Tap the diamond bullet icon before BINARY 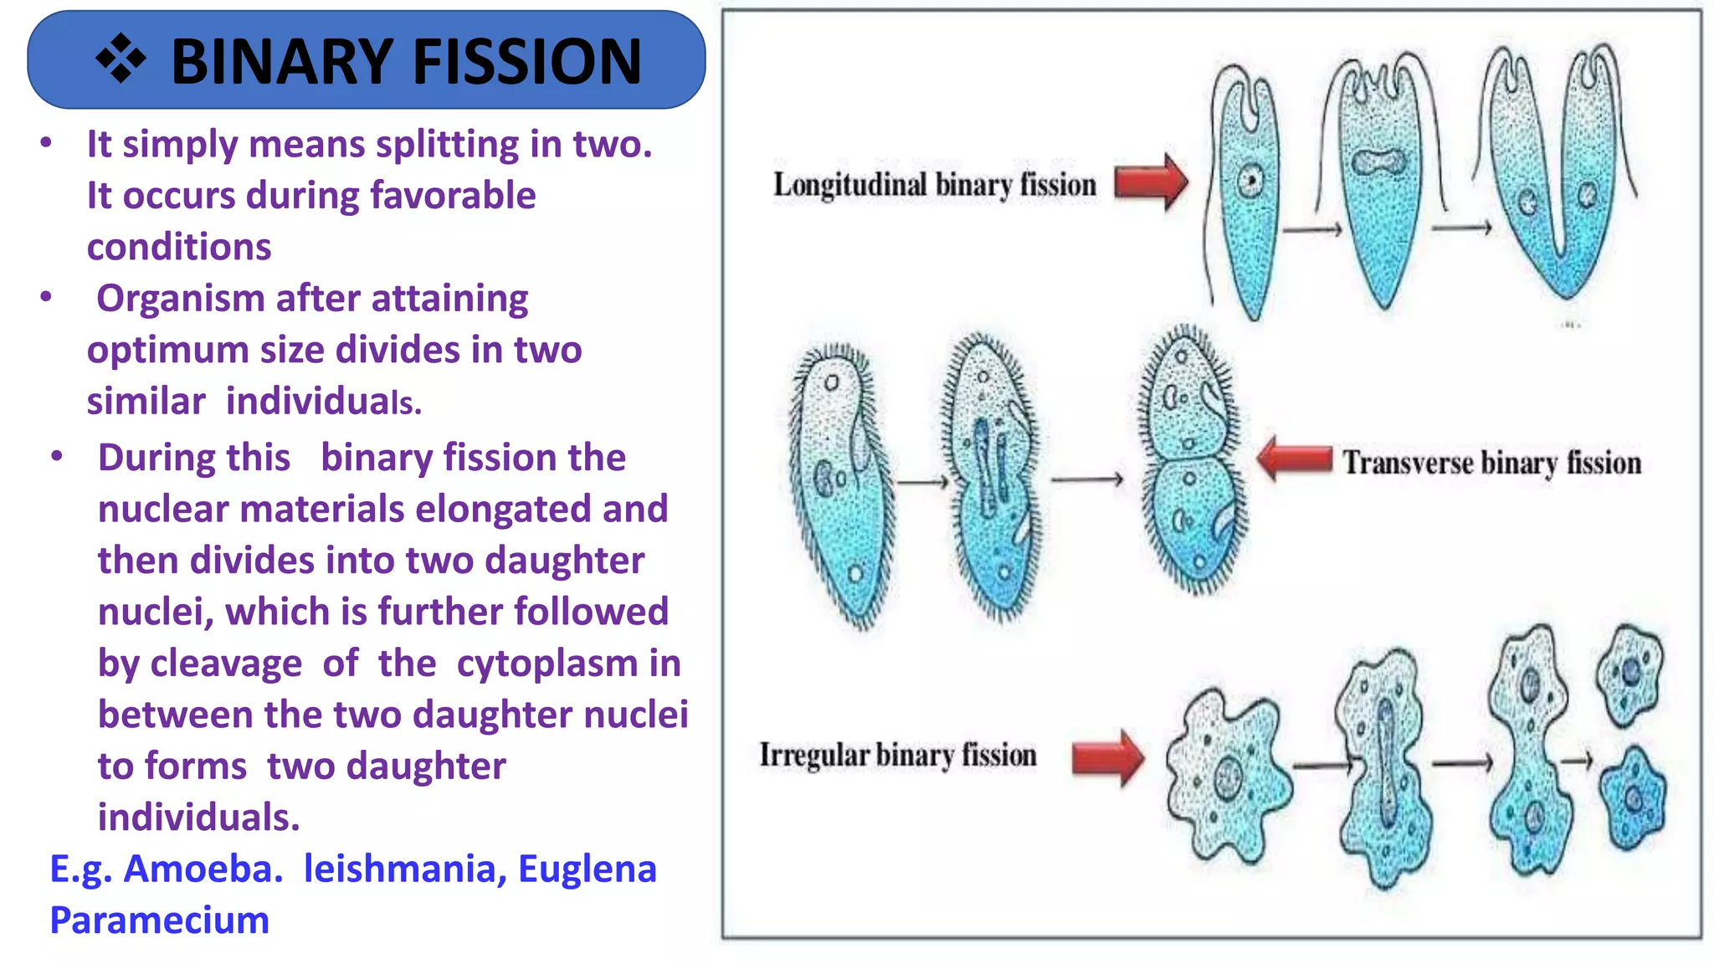coord(121,59)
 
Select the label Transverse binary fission coord(1491,463)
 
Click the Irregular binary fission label coord(897,755)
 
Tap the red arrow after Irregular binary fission coord(1107,758)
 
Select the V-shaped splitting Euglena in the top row coord(1557,184)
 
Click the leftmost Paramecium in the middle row coord(839,485)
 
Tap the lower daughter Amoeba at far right coord(1632,799)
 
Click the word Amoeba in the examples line coord(203,869)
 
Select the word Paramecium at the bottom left coord(159,920)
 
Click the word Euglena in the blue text coord(587,869)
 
